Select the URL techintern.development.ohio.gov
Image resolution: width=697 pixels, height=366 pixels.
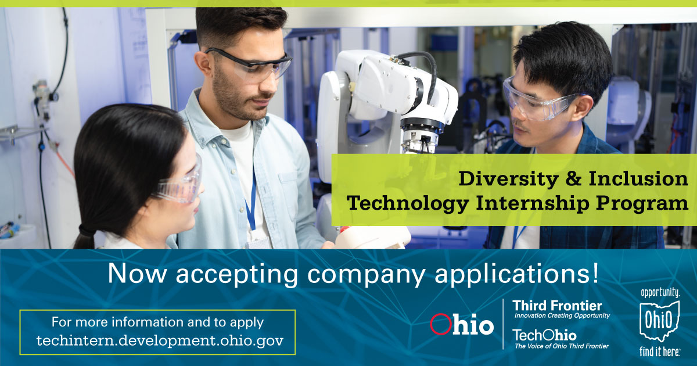(160, 340)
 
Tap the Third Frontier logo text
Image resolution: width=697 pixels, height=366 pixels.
(556, 306)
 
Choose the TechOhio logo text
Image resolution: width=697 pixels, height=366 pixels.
(544, 335)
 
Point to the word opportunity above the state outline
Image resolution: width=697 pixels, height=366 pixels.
(660, 293)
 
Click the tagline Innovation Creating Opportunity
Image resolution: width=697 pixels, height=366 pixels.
(562, 315)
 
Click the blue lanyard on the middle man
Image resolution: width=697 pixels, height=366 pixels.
(251, 203)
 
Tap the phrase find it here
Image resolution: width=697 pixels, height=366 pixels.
(660, 350)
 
